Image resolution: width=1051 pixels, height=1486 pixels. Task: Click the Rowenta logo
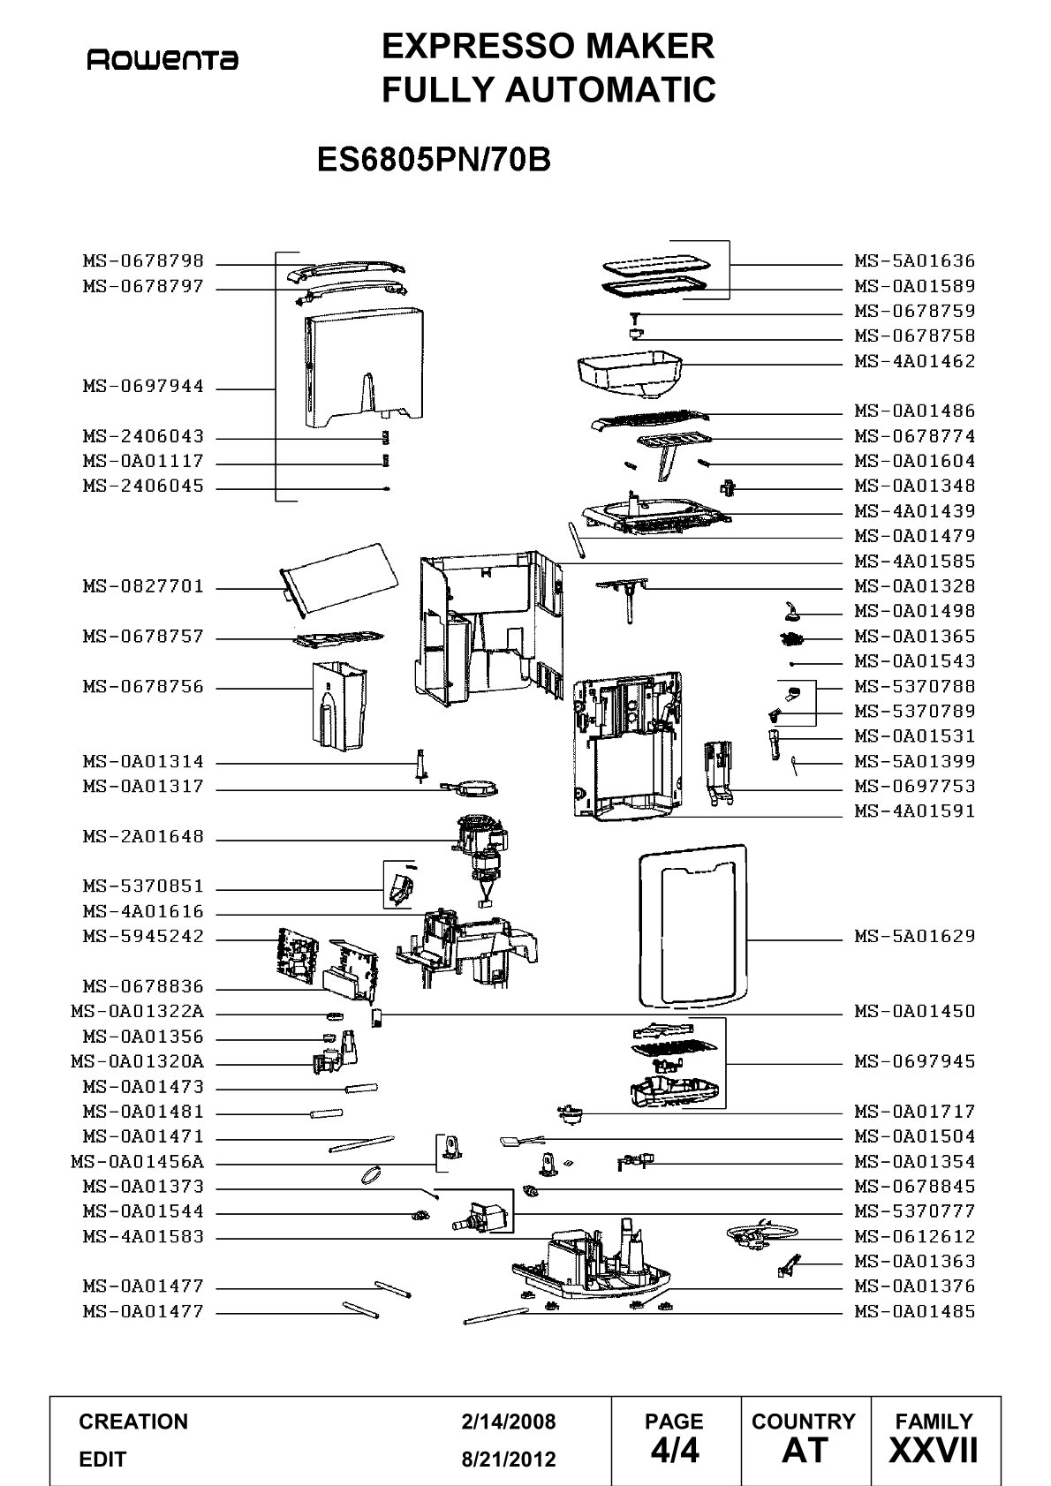(163, 61)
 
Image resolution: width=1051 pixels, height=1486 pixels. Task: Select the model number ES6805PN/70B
(434, 160)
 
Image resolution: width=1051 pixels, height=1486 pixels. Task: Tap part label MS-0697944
(143, 386)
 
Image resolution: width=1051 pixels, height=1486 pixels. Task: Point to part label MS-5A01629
(915, 936)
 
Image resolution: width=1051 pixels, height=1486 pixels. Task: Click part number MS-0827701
(143, 586)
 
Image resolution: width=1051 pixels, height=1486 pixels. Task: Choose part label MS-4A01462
(915, 361)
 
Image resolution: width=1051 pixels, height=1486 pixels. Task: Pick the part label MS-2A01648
(143, 836)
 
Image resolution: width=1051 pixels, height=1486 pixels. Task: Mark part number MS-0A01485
(915, 1311)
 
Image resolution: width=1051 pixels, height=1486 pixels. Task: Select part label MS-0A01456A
(138, 1162)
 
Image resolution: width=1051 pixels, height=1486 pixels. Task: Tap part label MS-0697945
(915, 1061)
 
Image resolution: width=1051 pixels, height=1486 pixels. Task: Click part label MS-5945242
(143, 936)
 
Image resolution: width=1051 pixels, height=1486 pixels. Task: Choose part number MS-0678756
(143, 687)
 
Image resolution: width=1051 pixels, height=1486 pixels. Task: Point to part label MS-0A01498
(915, 611)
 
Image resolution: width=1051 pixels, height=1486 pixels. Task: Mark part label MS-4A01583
(143, 1236)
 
